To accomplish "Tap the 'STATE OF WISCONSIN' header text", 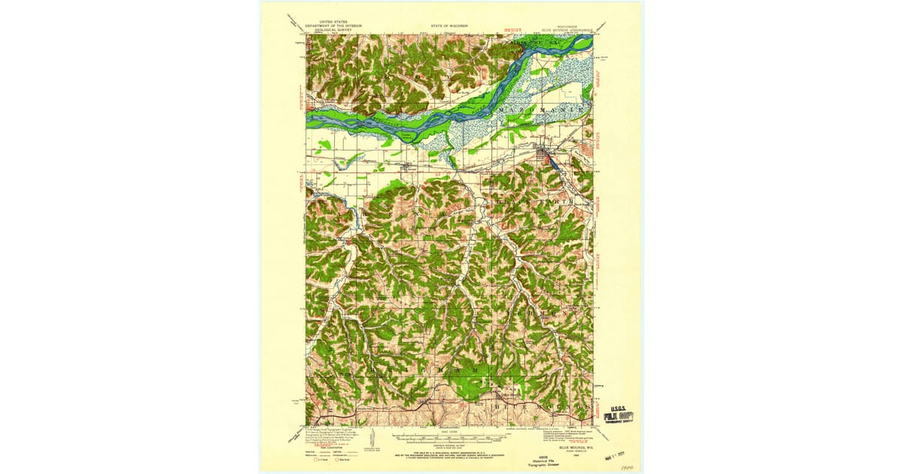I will click(450, 25).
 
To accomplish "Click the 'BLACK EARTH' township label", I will click(536, 202).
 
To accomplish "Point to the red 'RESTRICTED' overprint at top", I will click(513, 32).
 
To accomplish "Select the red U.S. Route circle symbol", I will click(318, 458).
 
